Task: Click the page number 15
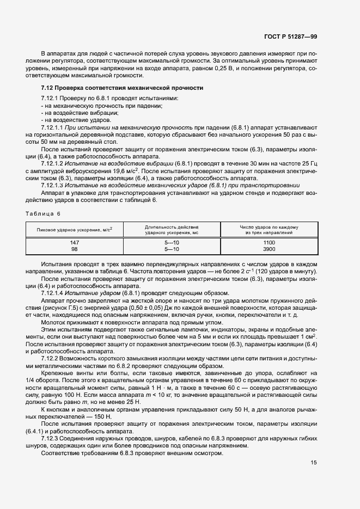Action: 314,463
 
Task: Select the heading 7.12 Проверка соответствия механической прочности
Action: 123,87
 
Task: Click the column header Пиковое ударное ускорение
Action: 75,230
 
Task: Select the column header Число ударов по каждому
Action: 269,226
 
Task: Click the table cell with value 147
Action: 75,242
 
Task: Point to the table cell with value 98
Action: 75,249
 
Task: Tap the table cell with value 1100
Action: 269,242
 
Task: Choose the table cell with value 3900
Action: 269,249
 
